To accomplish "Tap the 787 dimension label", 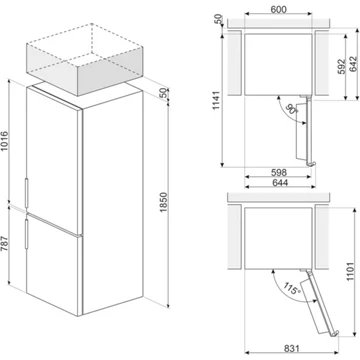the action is pyautogui.click(x=4, y=246).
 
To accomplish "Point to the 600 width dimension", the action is pyautogui.click(x=278, y=9).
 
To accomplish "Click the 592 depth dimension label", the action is pyautogui.click(x=341, y=66).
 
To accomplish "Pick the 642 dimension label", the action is pyautogui.click(x=354, y=64).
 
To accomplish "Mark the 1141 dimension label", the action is pyautogui.click(x=216, y=101).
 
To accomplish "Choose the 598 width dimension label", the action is pyautogui.click(x=279, y=172).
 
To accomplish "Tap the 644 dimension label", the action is pyautogui.click(x=279, y=183).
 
